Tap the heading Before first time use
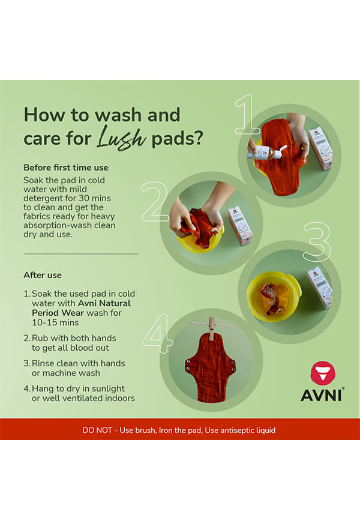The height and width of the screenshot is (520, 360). [65, 168]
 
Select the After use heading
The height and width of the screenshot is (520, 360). [43, 275]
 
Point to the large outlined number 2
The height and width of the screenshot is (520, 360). [155, 202]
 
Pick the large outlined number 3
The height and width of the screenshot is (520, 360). [317, 241]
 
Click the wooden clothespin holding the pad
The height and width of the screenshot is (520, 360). [211, 329]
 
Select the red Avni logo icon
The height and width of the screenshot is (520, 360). [323, 373]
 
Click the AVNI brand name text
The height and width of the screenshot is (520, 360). [322, 395]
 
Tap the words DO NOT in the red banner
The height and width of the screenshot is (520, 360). [97, 430]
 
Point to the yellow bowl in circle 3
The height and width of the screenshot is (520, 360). [274, 296]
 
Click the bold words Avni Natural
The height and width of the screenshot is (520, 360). [104, 303]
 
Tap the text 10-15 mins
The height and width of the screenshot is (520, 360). [55, 322]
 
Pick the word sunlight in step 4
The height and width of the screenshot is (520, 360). [108, 388]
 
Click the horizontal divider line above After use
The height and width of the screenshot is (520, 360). [81, 254]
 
